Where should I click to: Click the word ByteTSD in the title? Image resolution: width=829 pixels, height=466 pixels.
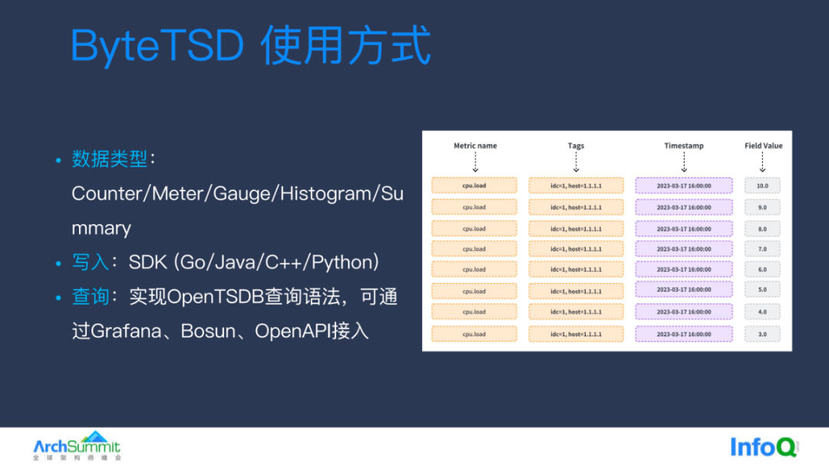[157, 46]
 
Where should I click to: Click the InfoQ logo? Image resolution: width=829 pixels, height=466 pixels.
[765, 447]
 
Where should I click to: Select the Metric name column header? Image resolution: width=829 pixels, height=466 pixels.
[475, 146]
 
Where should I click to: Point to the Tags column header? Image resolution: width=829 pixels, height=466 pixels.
[576, 146]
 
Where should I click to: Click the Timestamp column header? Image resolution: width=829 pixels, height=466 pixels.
[684, 146]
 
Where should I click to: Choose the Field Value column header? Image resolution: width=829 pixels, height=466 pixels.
[763, 146]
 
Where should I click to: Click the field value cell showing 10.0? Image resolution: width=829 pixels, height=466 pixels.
[762, 186]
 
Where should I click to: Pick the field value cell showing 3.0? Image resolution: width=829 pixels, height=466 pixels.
[762, 335]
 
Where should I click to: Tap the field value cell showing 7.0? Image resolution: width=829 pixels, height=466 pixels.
[762, 250]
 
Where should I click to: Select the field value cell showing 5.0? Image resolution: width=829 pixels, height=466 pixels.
[762, 290]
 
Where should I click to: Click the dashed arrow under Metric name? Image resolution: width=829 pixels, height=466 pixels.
[475, 162]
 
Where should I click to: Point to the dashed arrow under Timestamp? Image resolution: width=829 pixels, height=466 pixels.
[684, 162]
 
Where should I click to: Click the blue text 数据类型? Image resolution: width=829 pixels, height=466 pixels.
[109, 159]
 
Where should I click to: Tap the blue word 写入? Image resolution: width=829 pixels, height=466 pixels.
[91, 262]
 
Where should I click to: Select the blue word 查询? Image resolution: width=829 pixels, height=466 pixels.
[91, 296]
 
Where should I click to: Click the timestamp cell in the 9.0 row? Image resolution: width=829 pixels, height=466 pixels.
[684, 207]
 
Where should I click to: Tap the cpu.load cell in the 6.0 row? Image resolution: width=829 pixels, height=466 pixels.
[474, 269]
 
